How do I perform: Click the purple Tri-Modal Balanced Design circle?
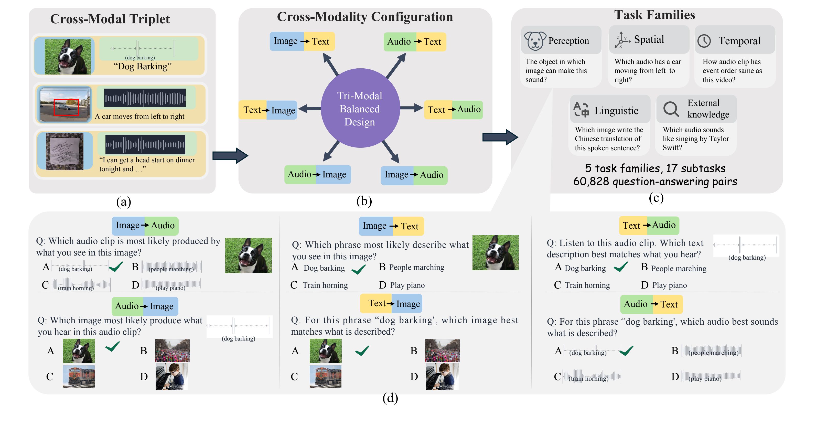(360, 108)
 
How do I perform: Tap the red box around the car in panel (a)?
(66, 107)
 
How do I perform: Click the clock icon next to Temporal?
(704, 41)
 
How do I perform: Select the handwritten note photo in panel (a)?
(65, 151)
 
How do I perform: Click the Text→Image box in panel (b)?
(268, 110)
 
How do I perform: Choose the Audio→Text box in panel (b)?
(415, 41)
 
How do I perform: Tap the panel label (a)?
(124, 202)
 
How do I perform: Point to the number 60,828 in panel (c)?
(591, 182)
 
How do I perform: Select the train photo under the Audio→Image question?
(79, 376)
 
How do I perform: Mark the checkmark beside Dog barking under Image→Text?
(359, 269)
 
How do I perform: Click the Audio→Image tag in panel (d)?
(145, 306)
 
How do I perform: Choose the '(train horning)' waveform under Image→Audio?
(81, 284)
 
